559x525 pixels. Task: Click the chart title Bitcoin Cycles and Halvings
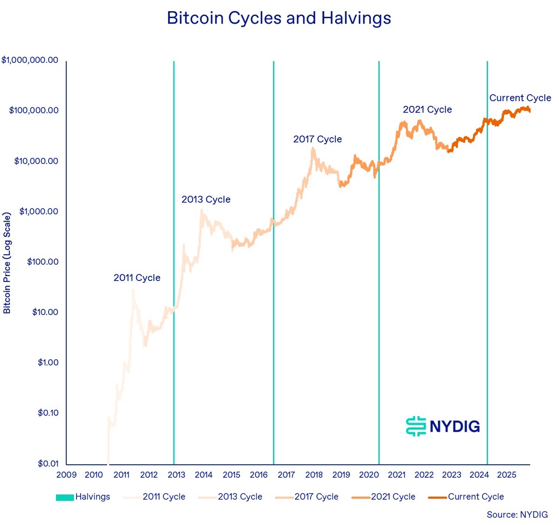279,18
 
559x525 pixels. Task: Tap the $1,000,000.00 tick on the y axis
30,60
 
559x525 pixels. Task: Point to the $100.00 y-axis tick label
43,262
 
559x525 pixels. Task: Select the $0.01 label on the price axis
49,463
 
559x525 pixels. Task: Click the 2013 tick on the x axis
176,475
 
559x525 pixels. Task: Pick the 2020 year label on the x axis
369,475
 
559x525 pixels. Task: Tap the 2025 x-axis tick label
507,475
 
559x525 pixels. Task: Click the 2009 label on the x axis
66,475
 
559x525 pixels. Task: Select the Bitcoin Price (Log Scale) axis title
7,263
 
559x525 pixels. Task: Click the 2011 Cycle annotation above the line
137,278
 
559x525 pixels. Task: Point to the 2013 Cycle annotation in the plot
206,200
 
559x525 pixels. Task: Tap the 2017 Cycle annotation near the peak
317,140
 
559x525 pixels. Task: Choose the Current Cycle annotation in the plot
520,98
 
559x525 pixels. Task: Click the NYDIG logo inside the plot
443,426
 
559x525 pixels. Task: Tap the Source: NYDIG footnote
517,515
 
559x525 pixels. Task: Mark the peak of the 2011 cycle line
133,290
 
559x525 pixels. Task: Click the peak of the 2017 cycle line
313,148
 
